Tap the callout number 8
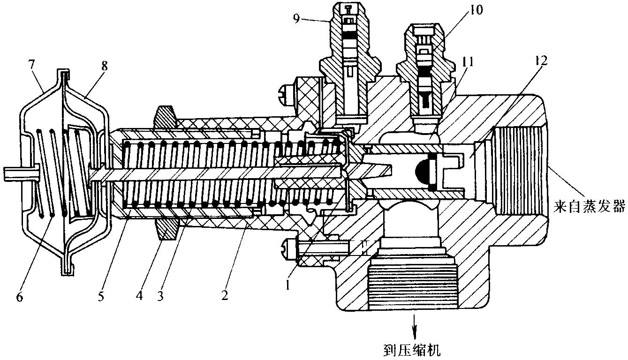104,67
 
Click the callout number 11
467,62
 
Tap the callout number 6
19,297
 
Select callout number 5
101,296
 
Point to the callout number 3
160,296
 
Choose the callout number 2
225,295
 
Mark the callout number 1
287,285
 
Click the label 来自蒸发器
589,207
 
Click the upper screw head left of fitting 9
286,92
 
